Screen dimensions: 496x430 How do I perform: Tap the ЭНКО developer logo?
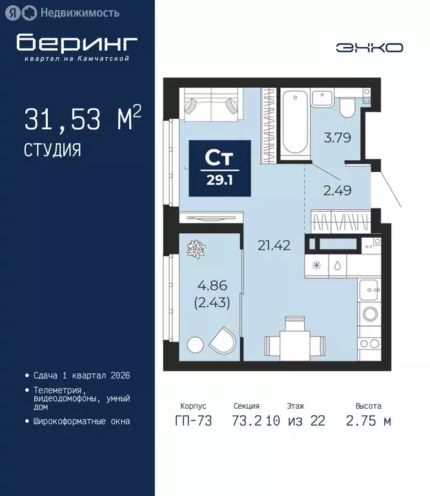tap(369, 47)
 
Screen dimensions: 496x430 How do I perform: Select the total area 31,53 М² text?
tap(82, 119)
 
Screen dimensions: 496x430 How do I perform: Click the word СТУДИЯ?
tap(52, 150)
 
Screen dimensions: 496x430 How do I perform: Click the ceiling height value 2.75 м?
tap(373, 421)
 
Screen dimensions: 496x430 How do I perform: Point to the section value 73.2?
tap(245, 421)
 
